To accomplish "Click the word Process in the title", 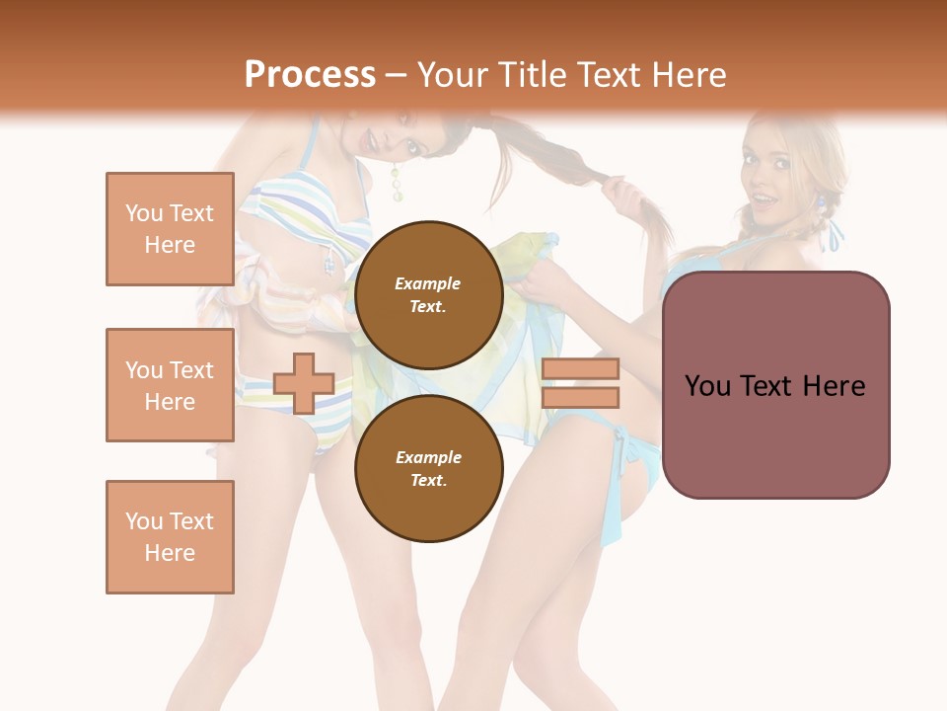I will [310, 74].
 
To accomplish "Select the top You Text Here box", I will [170, 229].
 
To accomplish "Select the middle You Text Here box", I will [170, 385].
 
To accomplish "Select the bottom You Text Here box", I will [170, 537].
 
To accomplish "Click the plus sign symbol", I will [304, 383].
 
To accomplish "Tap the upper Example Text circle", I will [429, 294].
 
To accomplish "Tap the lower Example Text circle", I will [429, 468].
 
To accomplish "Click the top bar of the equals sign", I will [580, 369].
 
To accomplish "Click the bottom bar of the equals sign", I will [580, 397].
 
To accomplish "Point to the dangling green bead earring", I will [397, 183].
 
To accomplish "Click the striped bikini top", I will [296, 212].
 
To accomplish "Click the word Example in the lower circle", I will [428, 457].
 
